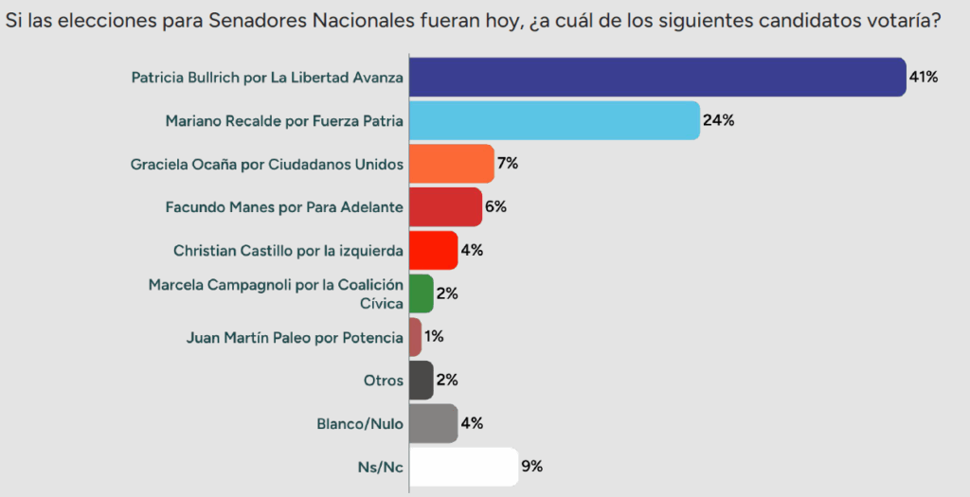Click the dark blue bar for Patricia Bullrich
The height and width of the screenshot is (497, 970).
[x=657, y=78]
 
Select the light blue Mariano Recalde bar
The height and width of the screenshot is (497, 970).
[x=554, y=121]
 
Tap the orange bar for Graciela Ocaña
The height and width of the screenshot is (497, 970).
[x=451, y=164]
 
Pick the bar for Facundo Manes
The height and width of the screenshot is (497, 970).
[x=445, y=207]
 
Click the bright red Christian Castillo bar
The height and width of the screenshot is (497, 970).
[x=433, y=251]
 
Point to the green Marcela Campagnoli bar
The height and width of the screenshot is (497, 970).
[x=421, y=293]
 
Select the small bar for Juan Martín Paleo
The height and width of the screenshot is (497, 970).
[x=415, y=337]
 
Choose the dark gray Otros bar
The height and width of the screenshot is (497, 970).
[x=421, y=380]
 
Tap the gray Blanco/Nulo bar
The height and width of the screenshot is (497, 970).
[x=433, y=423]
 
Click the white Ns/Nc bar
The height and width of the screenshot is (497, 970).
[x=463, y=467]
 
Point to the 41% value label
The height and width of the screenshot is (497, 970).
[x=924, y=78]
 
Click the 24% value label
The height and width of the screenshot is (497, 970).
[x=718, y=121]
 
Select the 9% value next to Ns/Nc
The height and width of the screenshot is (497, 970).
[x=531, y=467]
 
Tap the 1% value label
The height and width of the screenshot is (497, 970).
[x=435, y=337]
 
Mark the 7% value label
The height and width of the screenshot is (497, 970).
[x=507, y=164]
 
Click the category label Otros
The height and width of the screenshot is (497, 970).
[x=384, y=381]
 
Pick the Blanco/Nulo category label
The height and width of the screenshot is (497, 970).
[x=358, y=424]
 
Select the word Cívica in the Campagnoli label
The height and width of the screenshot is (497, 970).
[x=381, y=303]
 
